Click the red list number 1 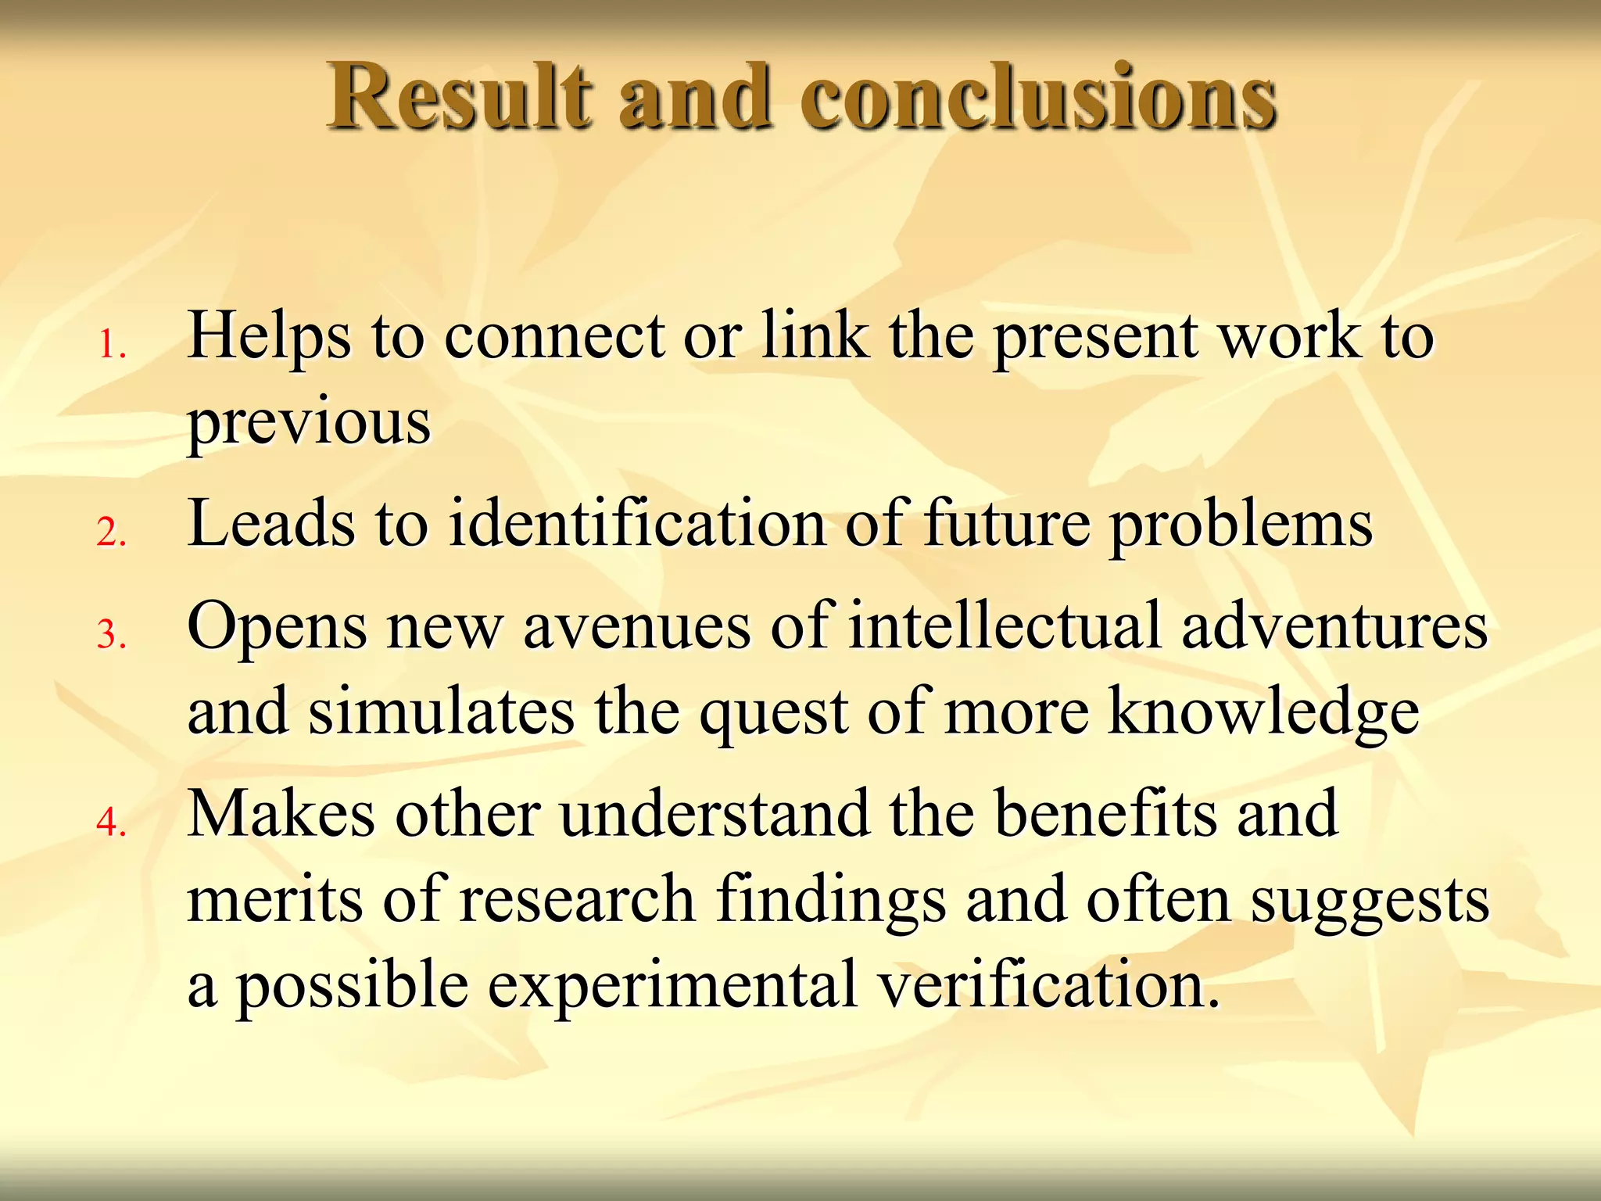111,345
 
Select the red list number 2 111,532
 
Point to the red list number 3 111,634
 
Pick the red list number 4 111,822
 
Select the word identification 637,524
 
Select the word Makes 281,814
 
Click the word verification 1048,985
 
